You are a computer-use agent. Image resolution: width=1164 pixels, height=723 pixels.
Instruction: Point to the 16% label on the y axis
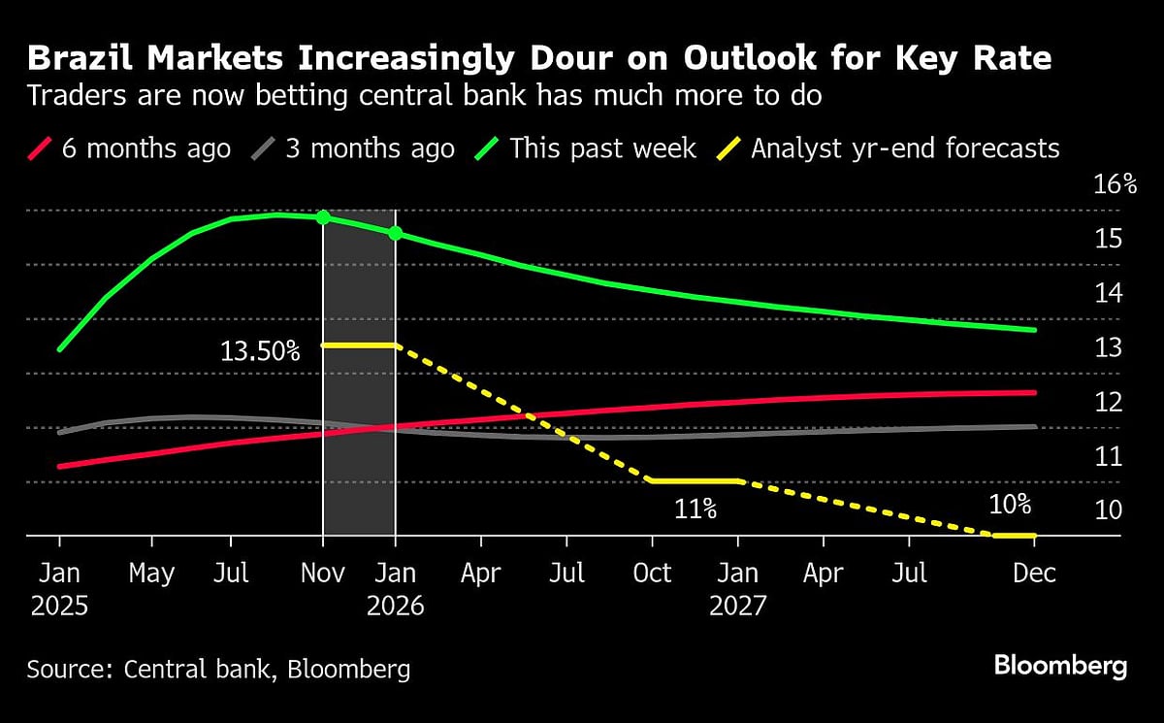tap(1115, 184)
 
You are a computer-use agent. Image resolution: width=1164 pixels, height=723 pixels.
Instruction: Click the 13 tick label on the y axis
tap(1109, 347)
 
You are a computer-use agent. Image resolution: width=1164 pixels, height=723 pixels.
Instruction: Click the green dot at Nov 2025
tap(323, 217)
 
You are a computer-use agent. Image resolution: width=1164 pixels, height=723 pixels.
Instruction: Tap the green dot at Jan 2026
tap(395, 234)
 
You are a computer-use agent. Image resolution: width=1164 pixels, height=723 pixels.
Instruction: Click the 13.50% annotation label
tap(260, 351)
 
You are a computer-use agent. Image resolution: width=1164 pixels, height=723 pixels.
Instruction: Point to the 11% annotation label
tap(695, 508)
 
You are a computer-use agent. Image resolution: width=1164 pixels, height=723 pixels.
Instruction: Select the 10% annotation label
tap(1009, 505)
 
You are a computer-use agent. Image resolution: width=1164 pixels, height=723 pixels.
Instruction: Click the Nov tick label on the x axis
tap(323, 574)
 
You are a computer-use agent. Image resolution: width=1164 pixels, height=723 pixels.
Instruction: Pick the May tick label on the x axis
tap(151, 574)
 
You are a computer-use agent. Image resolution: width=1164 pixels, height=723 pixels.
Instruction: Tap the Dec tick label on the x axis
tap(1033, 574)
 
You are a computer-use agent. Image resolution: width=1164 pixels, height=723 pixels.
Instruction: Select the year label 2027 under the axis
tap(737, 607)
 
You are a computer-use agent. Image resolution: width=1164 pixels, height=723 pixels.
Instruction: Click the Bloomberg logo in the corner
tap(1060, 666)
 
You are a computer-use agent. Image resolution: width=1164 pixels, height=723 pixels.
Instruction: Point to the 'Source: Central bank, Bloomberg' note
tap(218, 669)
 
